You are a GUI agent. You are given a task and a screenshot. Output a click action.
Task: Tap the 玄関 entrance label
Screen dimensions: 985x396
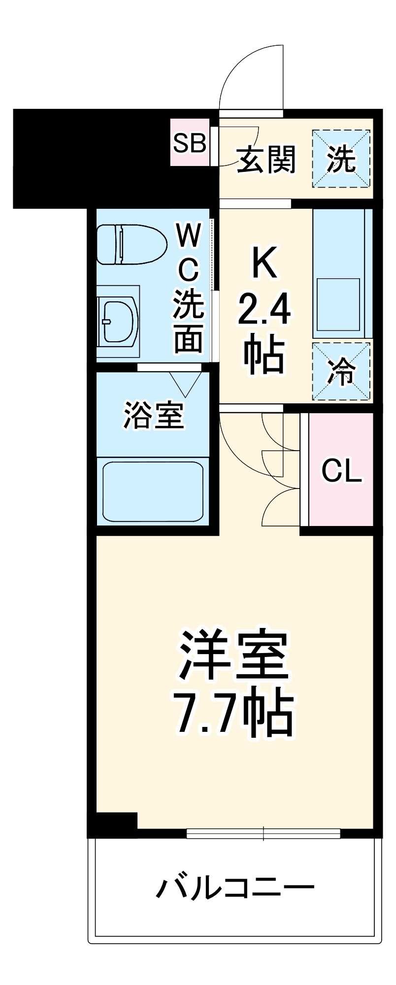click(x=266, y=159)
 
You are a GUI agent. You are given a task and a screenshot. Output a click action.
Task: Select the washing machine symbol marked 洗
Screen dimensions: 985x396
click(x=341, y=159)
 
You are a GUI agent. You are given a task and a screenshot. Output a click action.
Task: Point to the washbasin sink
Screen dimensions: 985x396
click(x=118, y=322)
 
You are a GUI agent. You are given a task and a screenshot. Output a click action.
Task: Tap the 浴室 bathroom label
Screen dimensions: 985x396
click(x=153, y=415)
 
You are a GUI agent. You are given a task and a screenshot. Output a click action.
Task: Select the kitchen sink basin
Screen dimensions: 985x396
click(x=338, y=304)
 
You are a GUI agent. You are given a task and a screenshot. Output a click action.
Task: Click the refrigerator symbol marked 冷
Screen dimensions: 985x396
click(x=341, y=371)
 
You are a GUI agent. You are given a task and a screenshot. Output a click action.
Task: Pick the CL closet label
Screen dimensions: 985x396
click(x=341, y=471)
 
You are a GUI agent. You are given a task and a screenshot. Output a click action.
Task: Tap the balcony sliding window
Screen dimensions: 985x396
click(x=264, y=833)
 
